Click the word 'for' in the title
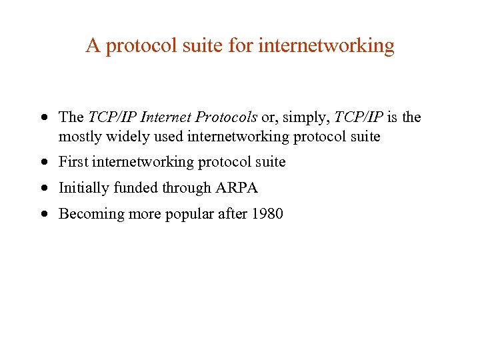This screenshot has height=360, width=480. pyautogui.click(x=241, y=45)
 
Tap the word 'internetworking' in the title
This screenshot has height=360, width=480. pyautogui.click(x=326, y=45)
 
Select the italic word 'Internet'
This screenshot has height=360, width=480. pyautogui.click(x=167, y=117)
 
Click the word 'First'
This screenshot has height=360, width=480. pyautogui.click(x=73, y=162)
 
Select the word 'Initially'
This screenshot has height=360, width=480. pyautogui.click(x=85, y=188)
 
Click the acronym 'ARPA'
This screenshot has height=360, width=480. pyautogui.click(x=236, y=188)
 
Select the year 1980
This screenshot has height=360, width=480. pyautogui.click(x=268, y=214)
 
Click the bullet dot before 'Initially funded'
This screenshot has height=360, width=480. pyautogui.click(x=43, y=189)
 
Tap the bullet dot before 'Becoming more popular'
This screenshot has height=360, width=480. pyautogui.click(x=43, y=215)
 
